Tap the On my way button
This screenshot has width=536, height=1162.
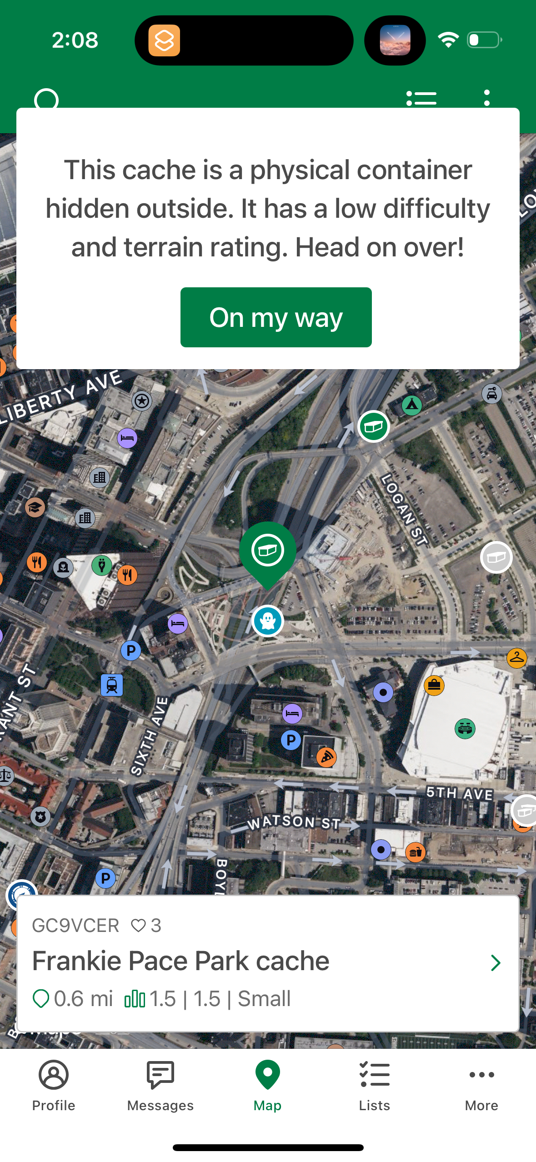click(276, 317)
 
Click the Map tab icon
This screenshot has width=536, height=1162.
click(268, 1076)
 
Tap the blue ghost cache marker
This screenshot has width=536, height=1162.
click(268, 621)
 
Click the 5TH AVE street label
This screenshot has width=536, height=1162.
click(459, 793)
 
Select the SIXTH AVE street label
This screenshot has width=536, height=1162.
click(150, 736)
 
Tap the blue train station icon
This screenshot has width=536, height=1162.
click(112, 685)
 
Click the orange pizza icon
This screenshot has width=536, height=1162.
click(326, 757)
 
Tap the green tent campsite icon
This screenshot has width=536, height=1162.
click(412, 405)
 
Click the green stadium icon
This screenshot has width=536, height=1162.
click(465, 729)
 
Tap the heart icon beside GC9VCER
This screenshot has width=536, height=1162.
click(138, 925)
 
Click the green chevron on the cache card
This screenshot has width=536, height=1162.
click(496, 962)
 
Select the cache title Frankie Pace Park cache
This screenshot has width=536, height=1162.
click(181, 961)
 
